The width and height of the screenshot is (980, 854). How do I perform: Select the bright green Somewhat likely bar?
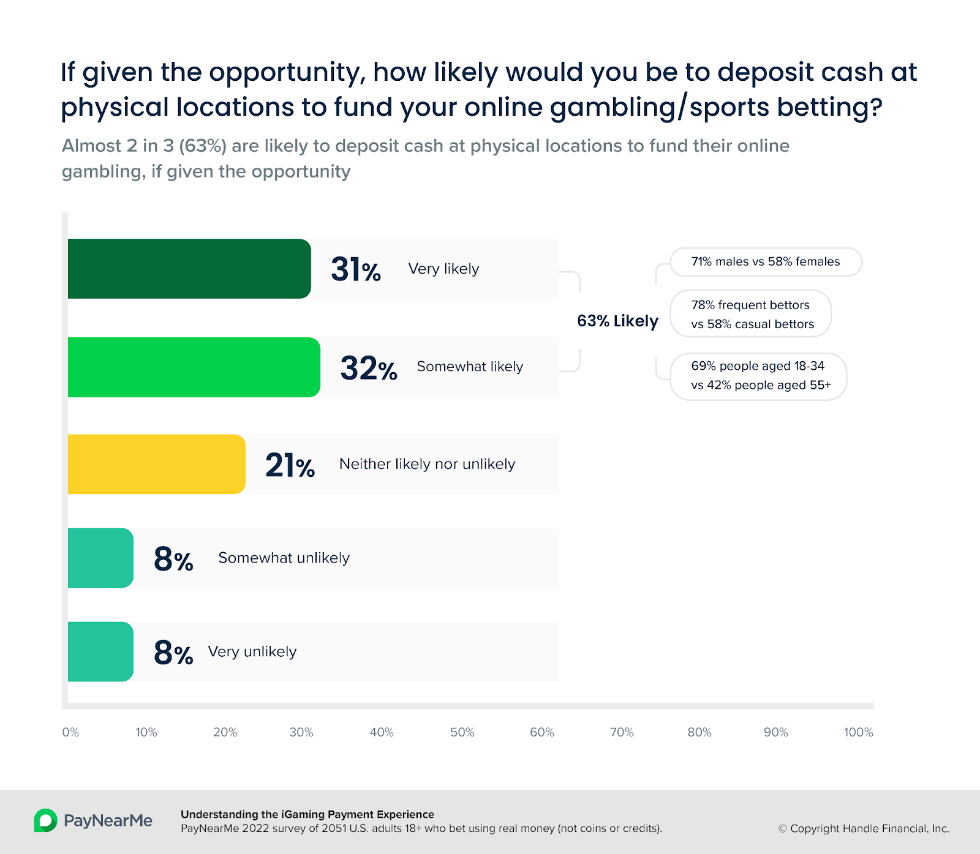click(x=194, y=367)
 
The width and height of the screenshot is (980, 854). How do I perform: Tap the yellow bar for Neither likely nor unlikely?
click(x=156, y=464)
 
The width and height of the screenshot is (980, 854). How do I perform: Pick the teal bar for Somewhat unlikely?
click(x=100, y=558)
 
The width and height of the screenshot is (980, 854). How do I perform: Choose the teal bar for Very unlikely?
click(x=100, y=651)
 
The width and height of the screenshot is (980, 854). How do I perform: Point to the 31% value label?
click(x=355, y=269)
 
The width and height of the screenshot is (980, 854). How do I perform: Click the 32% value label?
click(x=368, y=368)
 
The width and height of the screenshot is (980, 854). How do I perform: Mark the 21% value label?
click(x=290, y=465)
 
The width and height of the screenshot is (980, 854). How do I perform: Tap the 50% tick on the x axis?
click(x=462, y=732)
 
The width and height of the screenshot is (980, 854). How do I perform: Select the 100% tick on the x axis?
click(x=858, y=732)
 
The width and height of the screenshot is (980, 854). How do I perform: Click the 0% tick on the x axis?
click(x=70, y=732)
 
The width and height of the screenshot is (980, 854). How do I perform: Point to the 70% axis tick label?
click(x=622, y=732)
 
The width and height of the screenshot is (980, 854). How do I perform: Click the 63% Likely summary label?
click(x=617, y=321)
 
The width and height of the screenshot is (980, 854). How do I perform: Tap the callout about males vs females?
click(x=766, y=262)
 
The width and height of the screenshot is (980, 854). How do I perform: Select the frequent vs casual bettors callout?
click(x=752, y=314)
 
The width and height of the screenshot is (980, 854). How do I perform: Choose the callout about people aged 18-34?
click(x=759, y=375)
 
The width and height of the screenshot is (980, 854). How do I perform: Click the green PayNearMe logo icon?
click(x=45, y=820)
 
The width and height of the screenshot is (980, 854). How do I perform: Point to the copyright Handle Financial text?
click(x=864, y=828)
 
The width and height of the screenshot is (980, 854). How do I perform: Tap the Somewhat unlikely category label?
click(x=284, y=558)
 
